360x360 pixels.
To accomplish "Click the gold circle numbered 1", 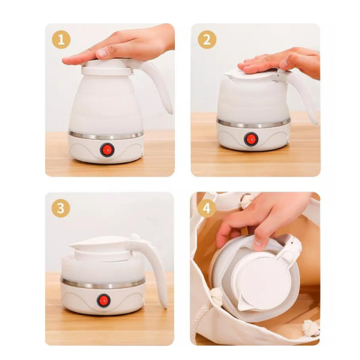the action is pos(61,40).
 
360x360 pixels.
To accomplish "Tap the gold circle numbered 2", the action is pos(207,40).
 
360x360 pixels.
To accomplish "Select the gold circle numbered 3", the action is pos(61,208).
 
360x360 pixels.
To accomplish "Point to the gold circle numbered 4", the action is pos(206,208).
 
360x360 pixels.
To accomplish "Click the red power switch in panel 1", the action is pos(107,150).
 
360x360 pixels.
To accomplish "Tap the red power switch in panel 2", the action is pos(251,139).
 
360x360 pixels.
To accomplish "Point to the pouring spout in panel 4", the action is pos(244,304).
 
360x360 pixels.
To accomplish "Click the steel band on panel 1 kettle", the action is pos(106,135).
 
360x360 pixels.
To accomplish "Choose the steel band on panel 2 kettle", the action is pos(254,124).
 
